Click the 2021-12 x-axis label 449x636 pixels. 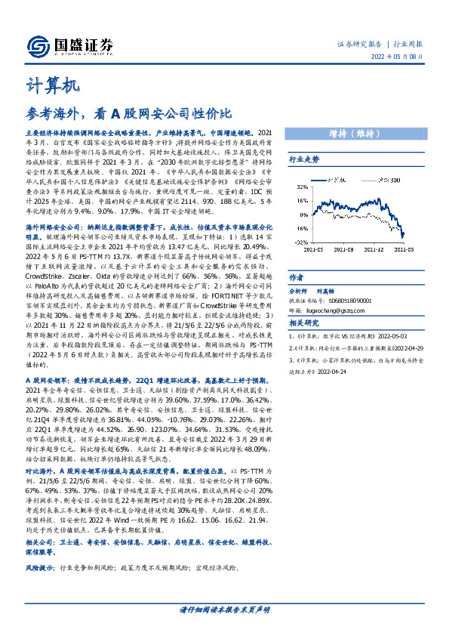click(375, 249)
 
